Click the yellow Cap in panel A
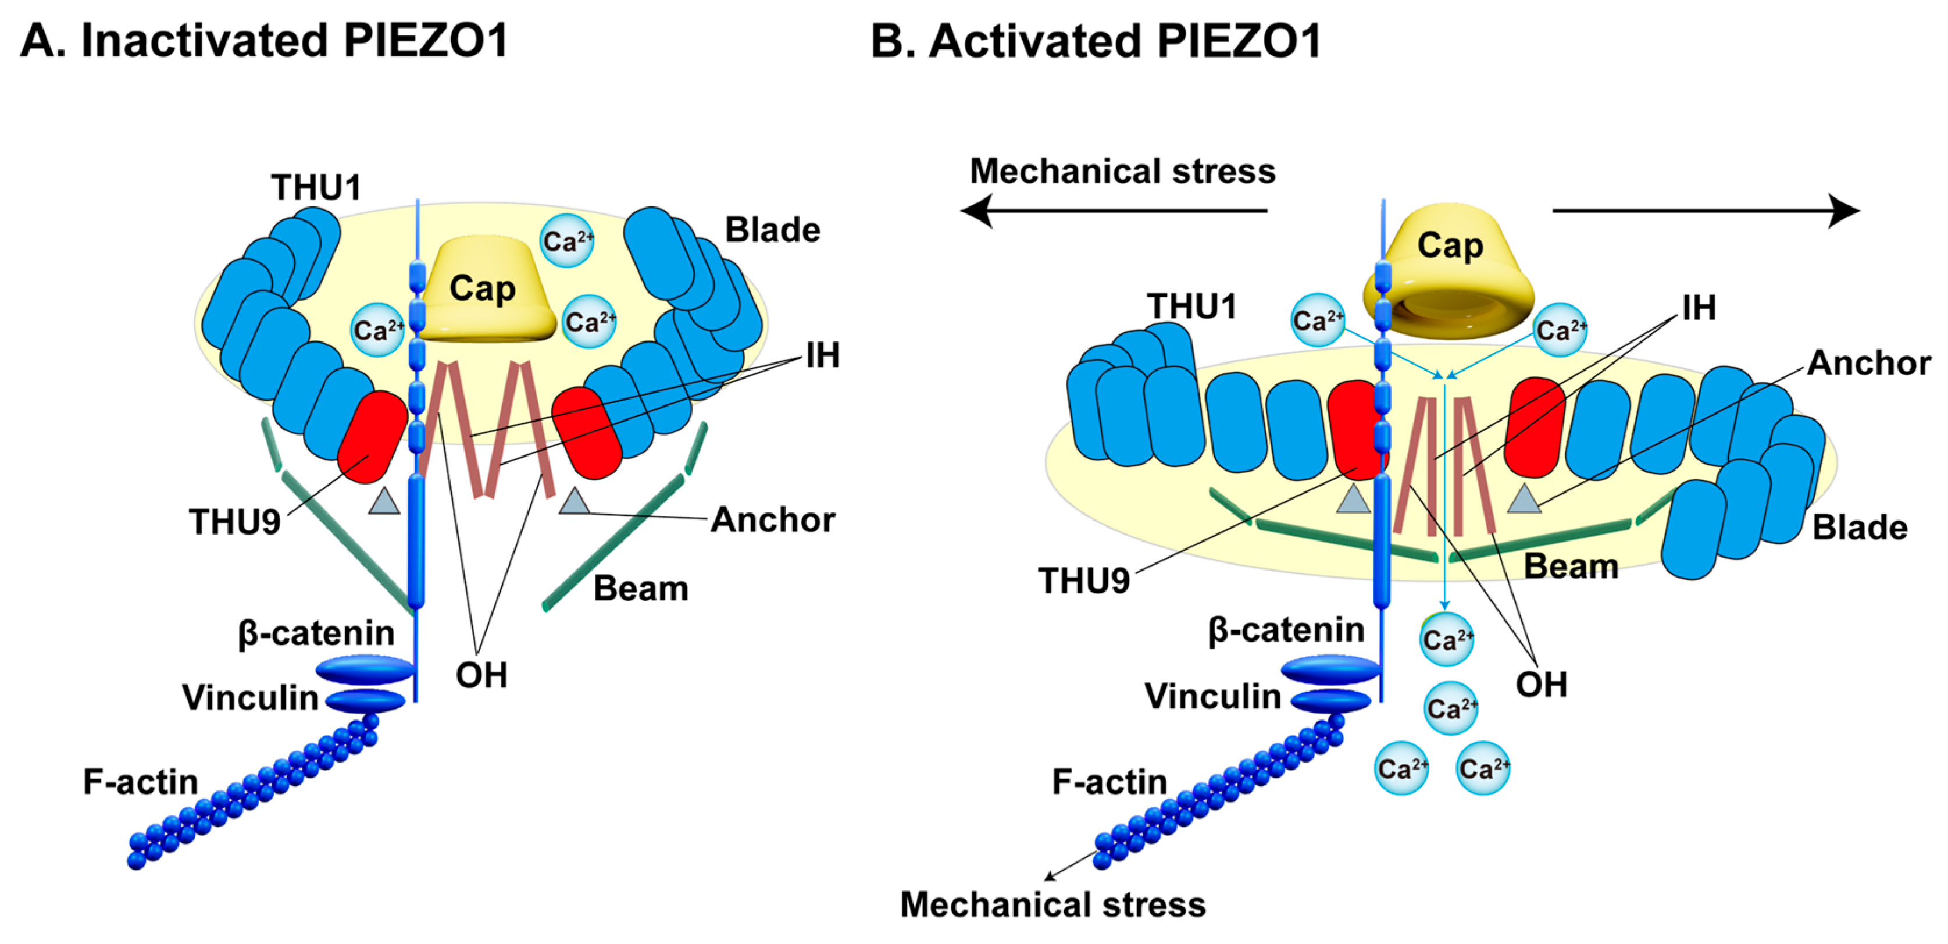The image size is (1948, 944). tap(484, 291)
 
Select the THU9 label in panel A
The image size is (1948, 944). tap(234, 522)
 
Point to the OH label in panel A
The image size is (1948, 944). tap(481, 675)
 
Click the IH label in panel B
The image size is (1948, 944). tap(1699, 308)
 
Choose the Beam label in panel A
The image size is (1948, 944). tap(640, 589)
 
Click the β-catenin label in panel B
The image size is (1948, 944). tap(1286, 630)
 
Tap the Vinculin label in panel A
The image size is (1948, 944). tap(250, 697)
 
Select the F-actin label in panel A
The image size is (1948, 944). tap(141, 781)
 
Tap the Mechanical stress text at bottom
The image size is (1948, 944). tap(1053, 904)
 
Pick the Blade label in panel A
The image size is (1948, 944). tap(772, 230)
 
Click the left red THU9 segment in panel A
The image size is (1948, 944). tap(373, 437)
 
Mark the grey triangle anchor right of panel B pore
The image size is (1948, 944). tap(1524, 500)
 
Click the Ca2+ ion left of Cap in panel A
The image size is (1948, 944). tap(377, 330)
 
